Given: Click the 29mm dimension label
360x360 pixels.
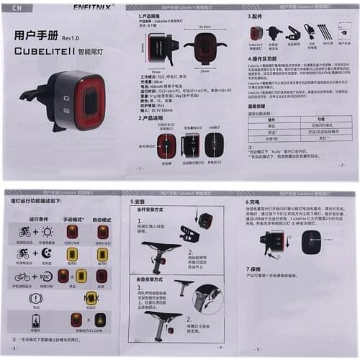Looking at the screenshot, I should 204,71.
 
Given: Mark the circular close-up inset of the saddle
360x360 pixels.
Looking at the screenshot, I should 206,297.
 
